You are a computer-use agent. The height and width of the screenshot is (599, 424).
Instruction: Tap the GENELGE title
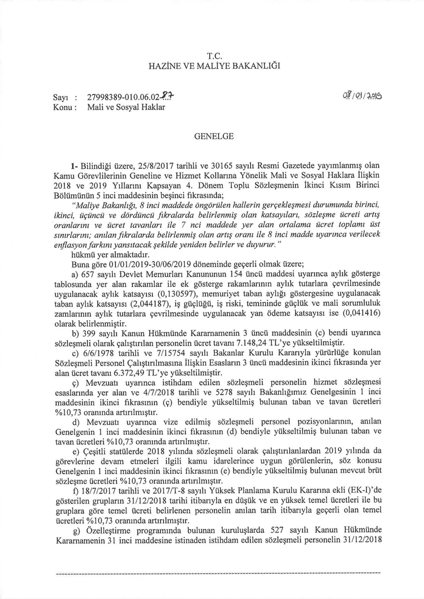pos(211,137)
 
